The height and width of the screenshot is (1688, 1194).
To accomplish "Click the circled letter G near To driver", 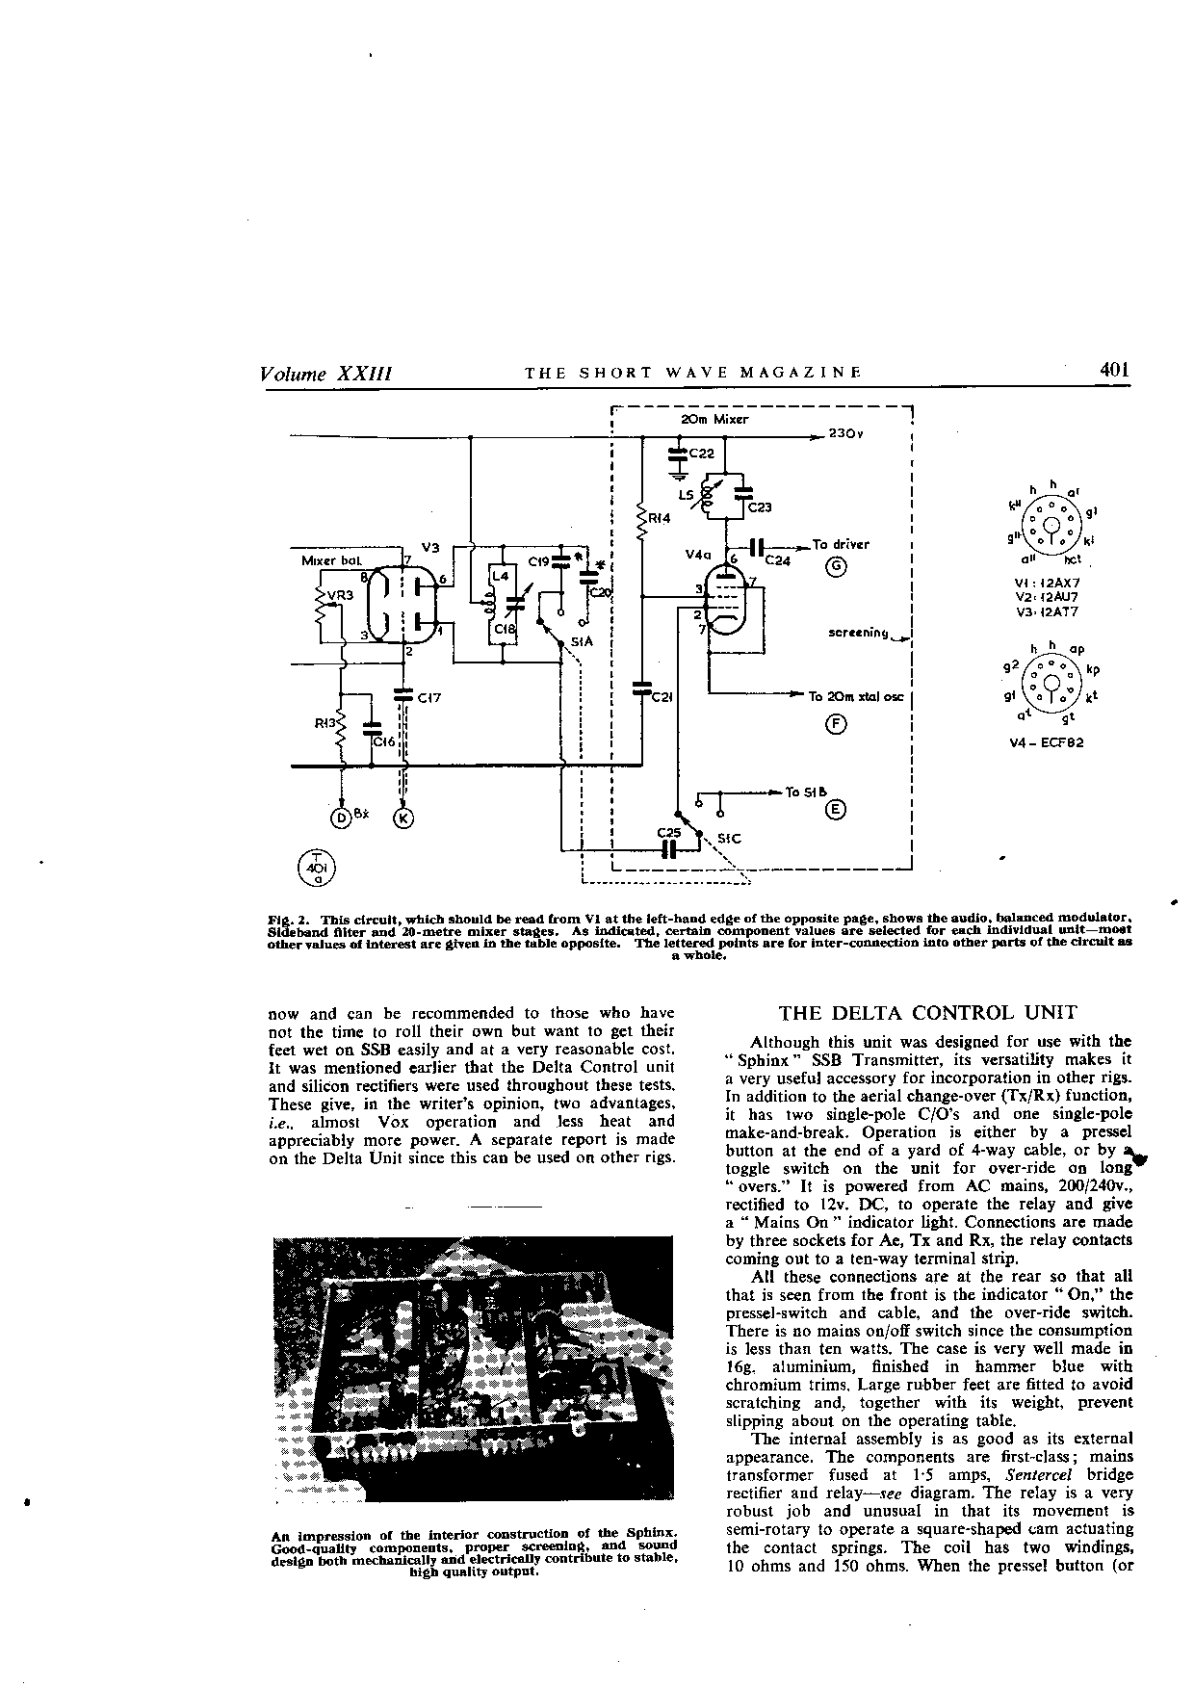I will (x=837, y=566).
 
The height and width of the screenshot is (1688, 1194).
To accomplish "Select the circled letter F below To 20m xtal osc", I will (x=836, y=725).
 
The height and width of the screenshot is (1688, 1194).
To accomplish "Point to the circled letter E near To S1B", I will (x=836, y=810).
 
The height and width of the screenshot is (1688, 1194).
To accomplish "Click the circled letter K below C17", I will (x=403, y=818).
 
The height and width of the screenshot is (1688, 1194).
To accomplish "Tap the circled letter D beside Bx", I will (x=341, y=818).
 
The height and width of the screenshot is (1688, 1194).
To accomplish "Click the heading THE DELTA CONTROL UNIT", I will (x=927, y=1012).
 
